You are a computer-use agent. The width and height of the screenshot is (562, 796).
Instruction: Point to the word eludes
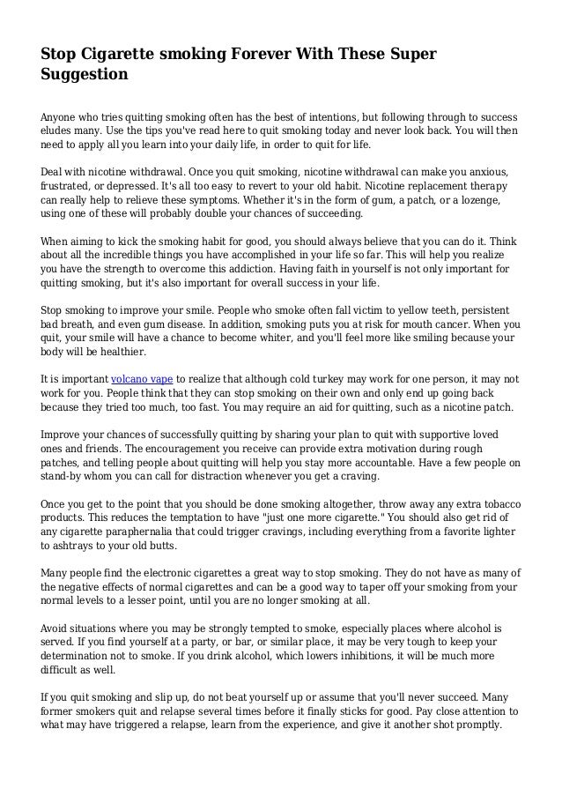[x=57, y=130]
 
